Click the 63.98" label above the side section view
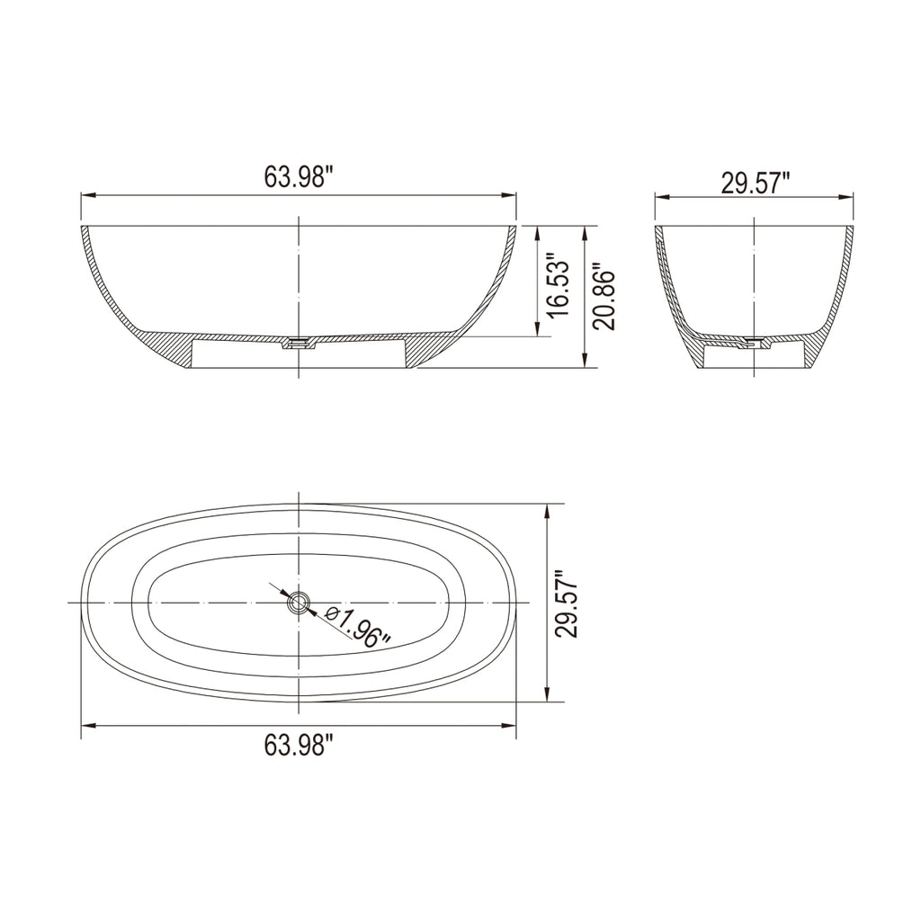coord(299,177)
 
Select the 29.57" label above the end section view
coord(755,183)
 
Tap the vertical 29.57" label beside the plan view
coord(566,604)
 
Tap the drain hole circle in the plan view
coord(298,603)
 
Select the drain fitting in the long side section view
coord(298,343)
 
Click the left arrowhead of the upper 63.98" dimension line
coord(86,195)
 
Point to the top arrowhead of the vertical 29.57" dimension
coord(547,509)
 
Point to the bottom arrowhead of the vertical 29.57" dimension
coord(547,696)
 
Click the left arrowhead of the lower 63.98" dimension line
coord(86,726)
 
